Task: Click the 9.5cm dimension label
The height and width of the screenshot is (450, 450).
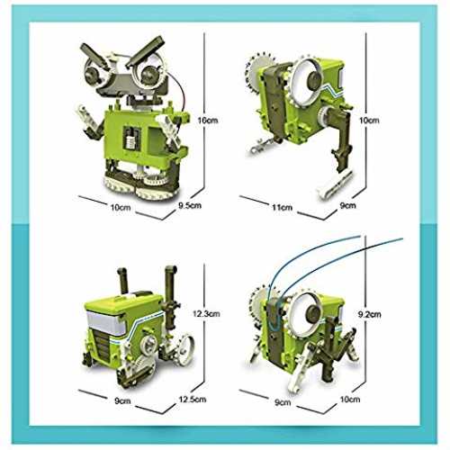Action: (x=190, y=206)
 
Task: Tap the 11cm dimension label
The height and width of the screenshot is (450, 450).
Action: (x=282, y=207)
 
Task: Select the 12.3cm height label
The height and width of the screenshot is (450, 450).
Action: (x=206, y=314)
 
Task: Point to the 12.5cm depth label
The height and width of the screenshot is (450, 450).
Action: (x=193, y=400)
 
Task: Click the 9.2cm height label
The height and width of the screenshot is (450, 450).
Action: (x=370, y=314)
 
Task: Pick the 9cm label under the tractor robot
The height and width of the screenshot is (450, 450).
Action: (x=122, y=401)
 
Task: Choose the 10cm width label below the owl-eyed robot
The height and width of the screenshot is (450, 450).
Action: (x=121, y=207)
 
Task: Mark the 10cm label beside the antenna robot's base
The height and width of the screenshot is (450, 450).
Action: (x=350, y=400)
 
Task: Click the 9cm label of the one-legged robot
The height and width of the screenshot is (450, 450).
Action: (x=347, y=205)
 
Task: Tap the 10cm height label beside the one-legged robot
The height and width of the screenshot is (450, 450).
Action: (x=369, y=121)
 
